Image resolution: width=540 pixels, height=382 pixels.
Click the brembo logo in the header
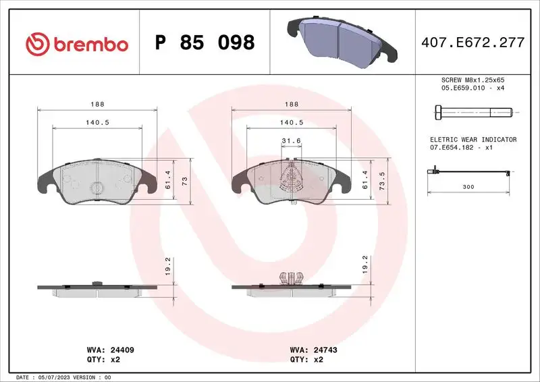[76, 44]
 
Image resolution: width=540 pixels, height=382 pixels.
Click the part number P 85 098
[205, 43]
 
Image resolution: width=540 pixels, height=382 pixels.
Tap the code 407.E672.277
[472, 43]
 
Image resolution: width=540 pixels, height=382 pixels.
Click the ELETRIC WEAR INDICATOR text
[473, 140]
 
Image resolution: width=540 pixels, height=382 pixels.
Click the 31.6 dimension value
[291, 140]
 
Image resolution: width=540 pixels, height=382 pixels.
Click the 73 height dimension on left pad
[192, 180]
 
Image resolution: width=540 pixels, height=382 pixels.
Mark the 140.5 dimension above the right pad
[291, 122]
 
